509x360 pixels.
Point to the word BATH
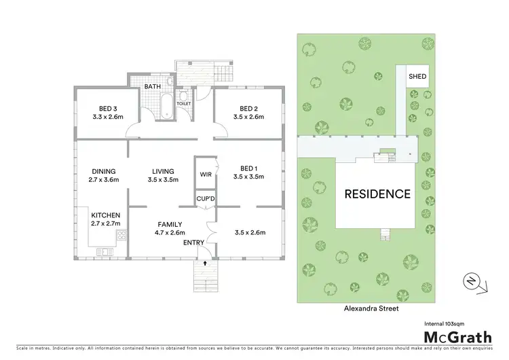point(152,87)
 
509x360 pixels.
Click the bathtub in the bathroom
point(166,106)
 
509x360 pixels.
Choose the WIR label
point(206,175)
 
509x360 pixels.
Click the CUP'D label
point(206,199)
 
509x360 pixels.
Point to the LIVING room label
point(162,171)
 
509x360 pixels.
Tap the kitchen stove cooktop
point(122,236)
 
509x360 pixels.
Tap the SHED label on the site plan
point(417,77)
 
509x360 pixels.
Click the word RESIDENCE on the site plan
point(377,194)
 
